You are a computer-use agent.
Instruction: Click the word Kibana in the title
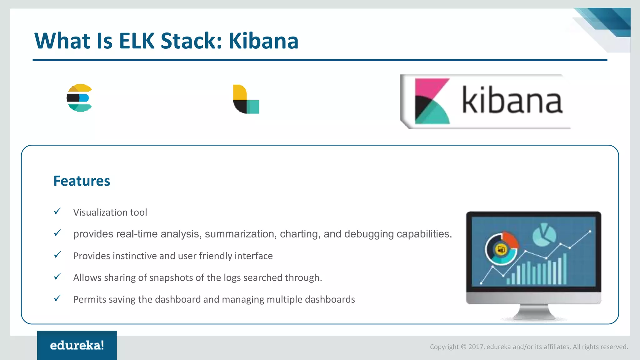(x=263, y=41)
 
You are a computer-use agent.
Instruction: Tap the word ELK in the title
(x=137, y=41)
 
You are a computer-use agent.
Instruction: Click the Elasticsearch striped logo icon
(x=79, y=98)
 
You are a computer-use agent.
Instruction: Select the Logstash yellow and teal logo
(x=246, y=99)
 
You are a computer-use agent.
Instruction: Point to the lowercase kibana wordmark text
(x=512, y=100)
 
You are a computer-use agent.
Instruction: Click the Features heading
(x=82, y=181)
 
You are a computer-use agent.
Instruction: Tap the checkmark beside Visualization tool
(x=57, y=212)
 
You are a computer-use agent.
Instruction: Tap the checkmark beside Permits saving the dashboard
(x=57, y=298)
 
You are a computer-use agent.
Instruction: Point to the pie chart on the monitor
(x=544, y=234)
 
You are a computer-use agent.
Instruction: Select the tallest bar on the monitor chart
(x=564, y=269)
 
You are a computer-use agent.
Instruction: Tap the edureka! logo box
(x=77, y=345)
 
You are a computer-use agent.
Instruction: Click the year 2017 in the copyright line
(x=475, y=347)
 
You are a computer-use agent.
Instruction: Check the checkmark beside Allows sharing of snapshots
(x=57, y=277)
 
